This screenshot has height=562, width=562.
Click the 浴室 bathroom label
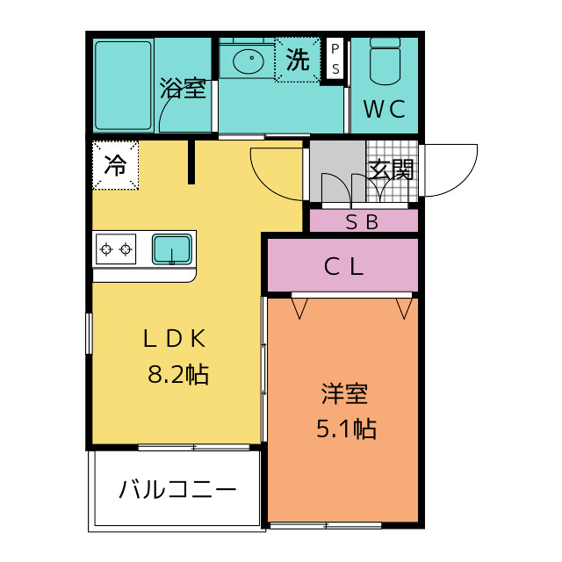tap(183, 89)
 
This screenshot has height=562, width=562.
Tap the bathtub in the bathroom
tap(124, 84)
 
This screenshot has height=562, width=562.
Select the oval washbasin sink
tap(248, 61)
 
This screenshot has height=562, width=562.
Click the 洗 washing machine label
tap(298, 60)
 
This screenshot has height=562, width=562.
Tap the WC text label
tap(385, 110)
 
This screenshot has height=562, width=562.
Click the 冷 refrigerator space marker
tap(115, 164)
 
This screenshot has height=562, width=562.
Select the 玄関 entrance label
tap(391, 169)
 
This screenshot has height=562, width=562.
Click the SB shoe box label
tap(362, 222)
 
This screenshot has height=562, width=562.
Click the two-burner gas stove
tap(116, 249)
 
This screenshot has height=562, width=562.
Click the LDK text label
tap(175, 338)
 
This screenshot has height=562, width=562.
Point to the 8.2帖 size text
tap(177, 375)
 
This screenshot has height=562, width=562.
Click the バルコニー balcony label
tap(177, 489)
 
